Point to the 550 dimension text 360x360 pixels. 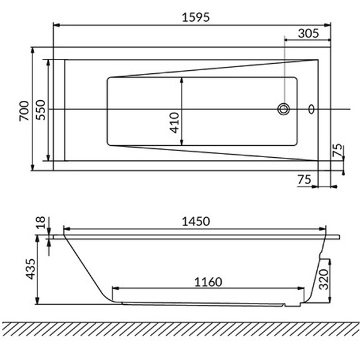tap(40, 110)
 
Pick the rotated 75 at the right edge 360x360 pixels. tap(337, 150)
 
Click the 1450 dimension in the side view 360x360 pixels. tap(195, 221)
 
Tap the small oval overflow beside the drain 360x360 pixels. tap(312, 110)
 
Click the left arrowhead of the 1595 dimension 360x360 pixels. tap(55, 26)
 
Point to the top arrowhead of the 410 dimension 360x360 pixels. tap(182, 80)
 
